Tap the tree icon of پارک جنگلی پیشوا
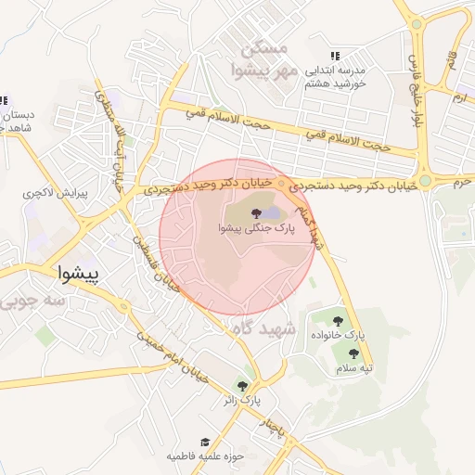click(x=256, y=213)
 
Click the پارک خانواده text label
click(x=350, y=333)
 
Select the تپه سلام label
click(x=354, y=368)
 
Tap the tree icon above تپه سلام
click(x=353, y=353)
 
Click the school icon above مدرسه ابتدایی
click(x=335, y=56)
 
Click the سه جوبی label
click(x=33, y=302)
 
